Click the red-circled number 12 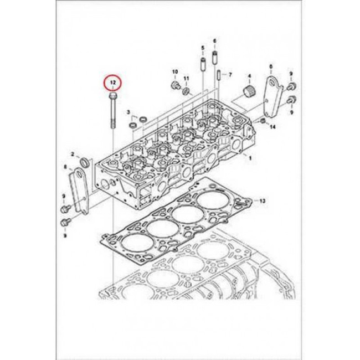[112, 83]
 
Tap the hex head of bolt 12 [113, 95]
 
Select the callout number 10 [175, 72]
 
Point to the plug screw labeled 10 [175, 86]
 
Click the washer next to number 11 [187, 91]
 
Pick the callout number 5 [203, 48]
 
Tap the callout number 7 [230, 75]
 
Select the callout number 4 [249, 76]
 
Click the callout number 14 [272, 127]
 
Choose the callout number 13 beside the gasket [262, 201]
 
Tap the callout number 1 [250, 158]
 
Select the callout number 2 [73, 155]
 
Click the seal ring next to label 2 [85, 162]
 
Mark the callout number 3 [128, 112]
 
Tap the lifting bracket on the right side [274, 97]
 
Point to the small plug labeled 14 [263, 121]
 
